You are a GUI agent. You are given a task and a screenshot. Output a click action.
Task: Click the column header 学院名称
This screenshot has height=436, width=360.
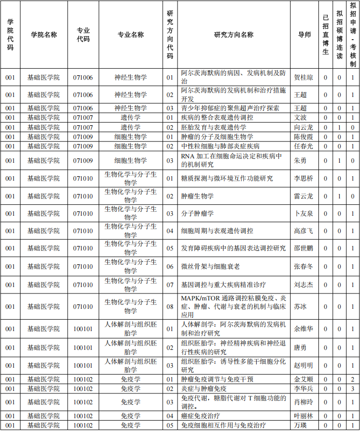coord(44,35)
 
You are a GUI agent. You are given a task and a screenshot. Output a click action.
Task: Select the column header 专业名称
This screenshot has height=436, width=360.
coord(131,35)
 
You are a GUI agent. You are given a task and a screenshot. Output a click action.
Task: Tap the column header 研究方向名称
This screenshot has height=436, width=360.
coord(234,35)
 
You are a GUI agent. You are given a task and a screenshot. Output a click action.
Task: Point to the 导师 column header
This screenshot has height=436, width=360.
coord(305,35)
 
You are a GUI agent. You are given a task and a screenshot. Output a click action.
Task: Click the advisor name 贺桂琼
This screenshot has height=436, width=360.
coord(304,78)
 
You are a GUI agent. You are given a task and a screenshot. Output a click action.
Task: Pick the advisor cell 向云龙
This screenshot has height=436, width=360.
coord(304,127)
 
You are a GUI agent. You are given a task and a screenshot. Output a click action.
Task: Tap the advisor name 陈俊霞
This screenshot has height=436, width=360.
coord(304,137)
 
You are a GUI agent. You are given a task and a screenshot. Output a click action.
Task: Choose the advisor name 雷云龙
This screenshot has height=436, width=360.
coord(304,196)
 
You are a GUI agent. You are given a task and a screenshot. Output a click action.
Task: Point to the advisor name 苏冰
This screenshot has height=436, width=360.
coord(301,307)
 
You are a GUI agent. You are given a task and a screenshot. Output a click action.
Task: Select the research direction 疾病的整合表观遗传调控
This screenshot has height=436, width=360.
coord(217,118)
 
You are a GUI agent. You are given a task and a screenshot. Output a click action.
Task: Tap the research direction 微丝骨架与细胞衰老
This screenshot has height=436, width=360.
coord(210,267)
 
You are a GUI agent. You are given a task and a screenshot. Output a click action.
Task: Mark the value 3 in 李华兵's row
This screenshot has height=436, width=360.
coord(353,389)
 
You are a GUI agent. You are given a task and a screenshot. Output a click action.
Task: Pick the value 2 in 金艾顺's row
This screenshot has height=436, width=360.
coord(353,380)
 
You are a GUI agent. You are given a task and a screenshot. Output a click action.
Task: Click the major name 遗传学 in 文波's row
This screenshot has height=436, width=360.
coord(131,118)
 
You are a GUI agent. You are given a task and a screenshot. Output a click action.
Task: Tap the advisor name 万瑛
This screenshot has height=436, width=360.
coord(301,425)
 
